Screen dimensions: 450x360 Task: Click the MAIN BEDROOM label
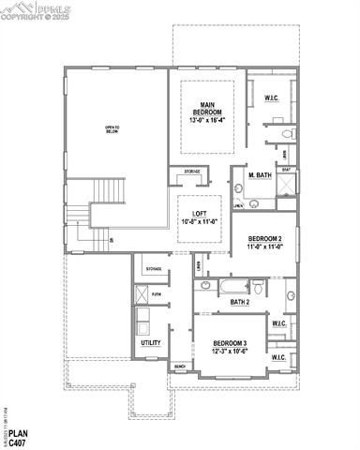pyautogui.click(x=207, y=108)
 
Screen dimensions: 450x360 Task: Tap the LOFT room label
pyautogui.click(x=199, y=214)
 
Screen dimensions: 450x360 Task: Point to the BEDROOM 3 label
pyautogui.click(x=229, y=344)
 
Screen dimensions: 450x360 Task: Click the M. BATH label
pyautogui.click(x=260, y=175)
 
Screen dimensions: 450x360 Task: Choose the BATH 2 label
pyautogui.click(x=240, y=302)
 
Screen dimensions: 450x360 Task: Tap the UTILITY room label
pyautogui.click(x=150, y=343)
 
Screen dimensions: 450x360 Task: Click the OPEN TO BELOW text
pyautogui.click(x=112, y=129)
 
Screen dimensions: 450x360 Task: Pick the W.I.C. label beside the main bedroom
pyautogui.click(x=272, y=97)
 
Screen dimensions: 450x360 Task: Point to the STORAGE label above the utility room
pyautogui.click(x=153, y=269)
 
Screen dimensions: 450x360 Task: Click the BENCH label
pyautogui.click(x=180, y=367)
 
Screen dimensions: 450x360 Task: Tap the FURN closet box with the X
pyautogui.click(x=142, y=294)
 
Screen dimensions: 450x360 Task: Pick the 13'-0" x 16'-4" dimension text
pyautogui.click(x=207, y=120)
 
